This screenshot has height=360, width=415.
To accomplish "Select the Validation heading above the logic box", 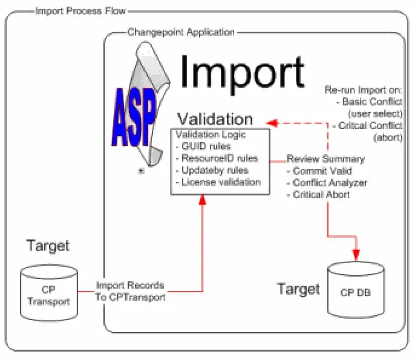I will click(x=214, y=119).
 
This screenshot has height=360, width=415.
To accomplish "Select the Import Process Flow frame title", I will click(x=73, y=10).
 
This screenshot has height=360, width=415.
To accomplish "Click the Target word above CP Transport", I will click(x=48, y=246).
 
